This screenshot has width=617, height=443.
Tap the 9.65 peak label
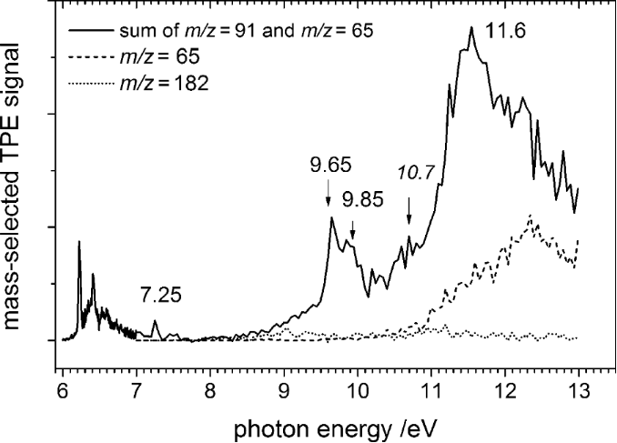click(329, 166)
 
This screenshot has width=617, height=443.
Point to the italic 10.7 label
click(409, 171)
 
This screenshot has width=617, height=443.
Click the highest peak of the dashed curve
click(530, 215)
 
